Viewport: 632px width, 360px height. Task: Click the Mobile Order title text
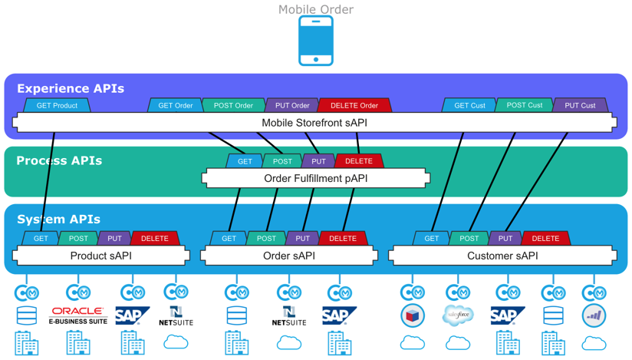[315, 9]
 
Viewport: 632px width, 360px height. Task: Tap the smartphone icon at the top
[315, 41]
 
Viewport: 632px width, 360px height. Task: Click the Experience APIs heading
[71, 88]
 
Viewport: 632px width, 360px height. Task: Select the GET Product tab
[57, 106]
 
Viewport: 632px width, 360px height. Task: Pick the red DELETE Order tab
[354, 106]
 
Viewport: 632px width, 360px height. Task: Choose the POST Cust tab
[524, 105]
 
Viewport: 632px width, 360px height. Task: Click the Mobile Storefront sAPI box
[314, 123]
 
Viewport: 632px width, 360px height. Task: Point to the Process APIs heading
[59, 160]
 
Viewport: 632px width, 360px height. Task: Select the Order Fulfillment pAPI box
[315, 178]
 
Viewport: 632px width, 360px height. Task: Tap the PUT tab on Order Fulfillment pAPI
[318, 161]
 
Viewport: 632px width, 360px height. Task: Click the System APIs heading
[58, 219]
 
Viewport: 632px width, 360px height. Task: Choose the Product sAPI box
[100, 256]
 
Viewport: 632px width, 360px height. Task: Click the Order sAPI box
[289, 256]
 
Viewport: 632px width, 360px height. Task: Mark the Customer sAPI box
[502, 256]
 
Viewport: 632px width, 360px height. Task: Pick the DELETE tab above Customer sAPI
[545, 239]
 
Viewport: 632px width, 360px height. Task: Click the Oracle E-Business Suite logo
[77, 315]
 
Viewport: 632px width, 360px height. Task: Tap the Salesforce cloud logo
[458, 315]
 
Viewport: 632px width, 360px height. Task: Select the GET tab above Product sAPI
[41, 239]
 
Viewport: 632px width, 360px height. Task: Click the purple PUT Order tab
[292, 106]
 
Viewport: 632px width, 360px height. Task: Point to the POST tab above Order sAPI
[266, 239]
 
